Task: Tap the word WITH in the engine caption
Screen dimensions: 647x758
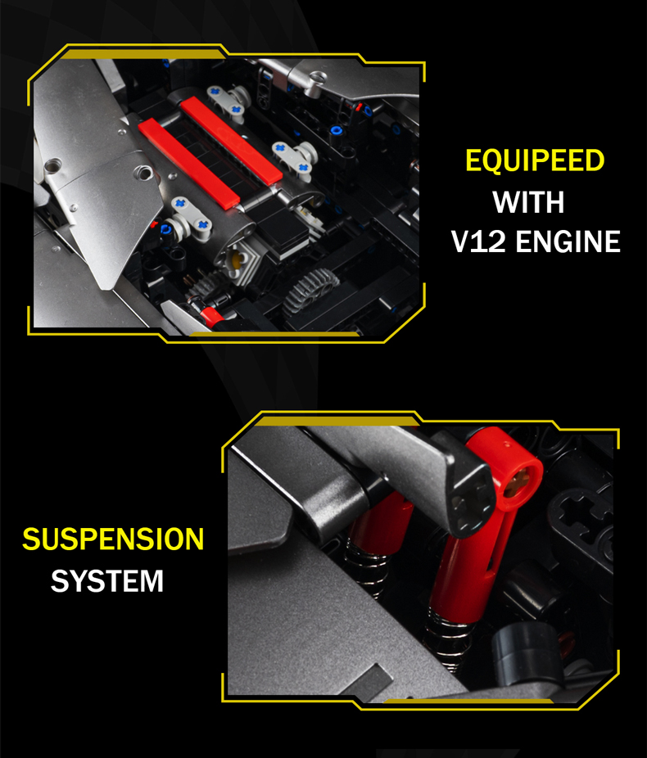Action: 528,201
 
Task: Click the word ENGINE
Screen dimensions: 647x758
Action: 568,241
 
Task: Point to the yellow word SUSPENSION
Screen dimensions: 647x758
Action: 113,539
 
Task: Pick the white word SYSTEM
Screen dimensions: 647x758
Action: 107,580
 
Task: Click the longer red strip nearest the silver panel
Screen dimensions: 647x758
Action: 188,163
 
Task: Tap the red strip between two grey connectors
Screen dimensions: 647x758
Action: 231,140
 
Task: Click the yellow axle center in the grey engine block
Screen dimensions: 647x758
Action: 236,261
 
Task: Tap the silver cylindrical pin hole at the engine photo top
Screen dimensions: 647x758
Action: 317,77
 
